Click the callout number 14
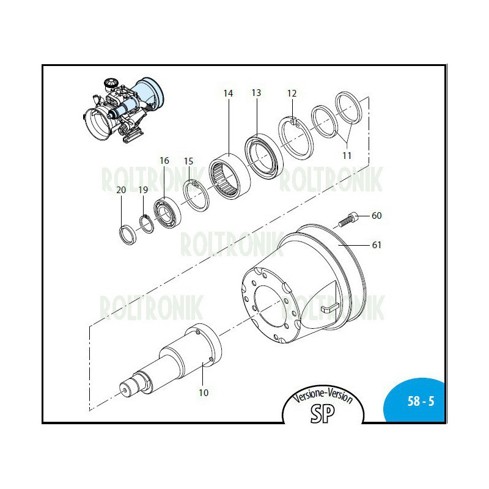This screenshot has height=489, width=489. click(228, 94)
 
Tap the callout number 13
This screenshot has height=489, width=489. click(256, 93)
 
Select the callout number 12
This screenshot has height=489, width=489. click(292, 94)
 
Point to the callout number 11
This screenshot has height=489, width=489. click(347, 155)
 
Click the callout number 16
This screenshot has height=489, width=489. click(164, 161)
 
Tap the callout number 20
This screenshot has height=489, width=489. click(121, 190)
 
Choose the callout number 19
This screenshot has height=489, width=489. click(142, 190)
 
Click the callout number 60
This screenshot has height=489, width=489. click(377, 216)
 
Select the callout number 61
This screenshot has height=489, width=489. click(377, 245)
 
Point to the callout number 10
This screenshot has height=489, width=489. click(204, 392)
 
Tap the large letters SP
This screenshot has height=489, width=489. click(323, 413)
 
